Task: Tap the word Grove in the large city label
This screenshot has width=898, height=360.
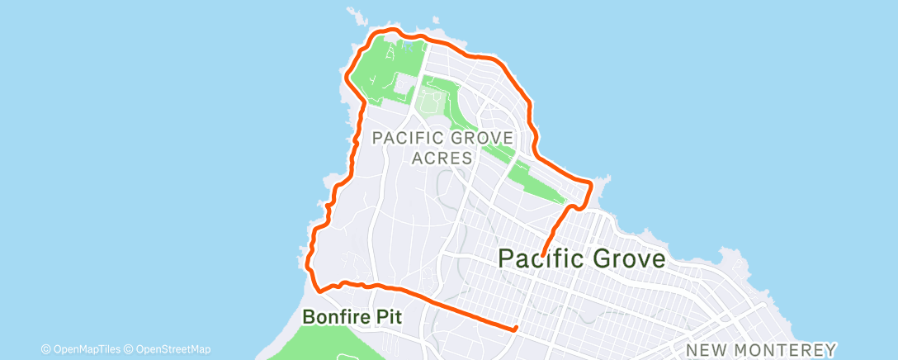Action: pos(628,258)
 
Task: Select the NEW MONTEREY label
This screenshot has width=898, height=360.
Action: pos(761,350)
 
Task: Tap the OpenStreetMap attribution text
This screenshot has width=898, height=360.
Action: pos(173,348)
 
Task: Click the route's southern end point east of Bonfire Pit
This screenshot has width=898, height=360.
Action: pos(515,329)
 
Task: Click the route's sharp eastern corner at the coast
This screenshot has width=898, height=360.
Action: pos(590,182)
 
